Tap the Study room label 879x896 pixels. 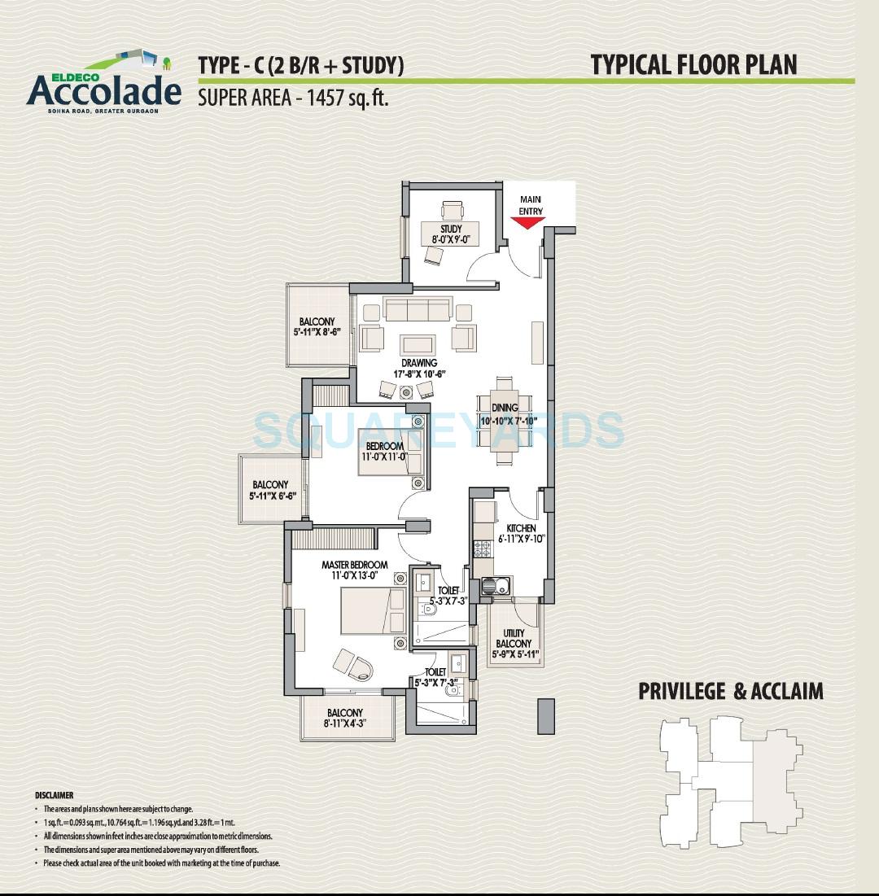450,228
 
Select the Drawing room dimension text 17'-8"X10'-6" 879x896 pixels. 419,374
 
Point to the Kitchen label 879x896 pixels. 521,528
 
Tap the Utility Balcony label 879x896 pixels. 514,638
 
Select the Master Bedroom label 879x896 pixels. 354,564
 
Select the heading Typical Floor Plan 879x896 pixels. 693,64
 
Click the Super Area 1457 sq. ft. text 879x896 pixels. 293,99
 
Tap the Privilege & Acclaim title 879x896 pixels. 730,691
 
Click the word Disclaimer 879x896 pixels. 54,795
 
